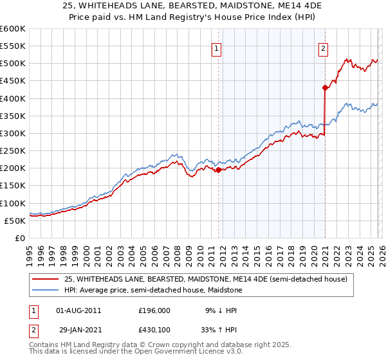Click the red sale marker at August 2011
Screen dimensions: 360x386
[x=218, y=170]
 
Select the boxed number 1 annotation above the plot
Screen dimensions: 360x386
[x=216, y=48]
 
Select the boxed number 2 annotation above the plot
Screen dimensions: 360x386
[x=322, y=48]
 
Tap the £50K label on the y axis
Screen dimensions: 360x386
[x=15, y=221]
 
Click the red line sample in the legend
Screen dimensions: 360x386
[x=47, y=279]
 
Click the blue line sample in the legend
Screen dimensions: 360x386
[x=47, y=290]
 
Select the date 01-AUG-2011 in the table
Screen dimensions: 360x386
[x=78, y=310]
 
